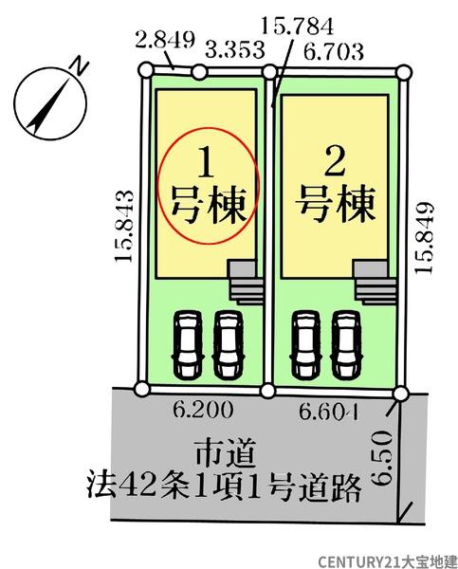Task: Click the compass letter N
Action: (x=79, y=66)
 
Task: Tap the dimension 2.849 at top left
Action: (x=165, y=40)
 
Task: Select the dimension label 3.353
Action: (x=235, y=50)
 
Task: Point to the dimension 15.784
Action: (x=297, y=27)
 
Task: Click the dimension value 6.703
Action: (x=333, y=51)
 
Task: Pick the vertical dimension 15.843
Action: (x=124, y=226)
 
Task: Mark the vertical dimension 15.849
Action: (x=424, y=238)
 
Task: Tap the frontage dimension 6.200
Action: (x=203, y=411)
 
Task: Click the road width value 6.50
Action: (x=383, y=458)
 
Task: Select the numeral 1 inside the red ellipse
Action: (x=207, y=164)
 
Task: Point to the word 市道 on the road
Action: (x=226, y=453)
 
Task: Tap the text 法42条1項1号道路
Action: (x=225, y=487)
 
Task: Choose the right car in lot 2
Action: (x=347, y=345)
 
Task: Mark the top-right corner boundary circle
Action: (x=404, y=72)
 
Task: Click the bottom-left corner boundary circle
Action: (x=142, y=388)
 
